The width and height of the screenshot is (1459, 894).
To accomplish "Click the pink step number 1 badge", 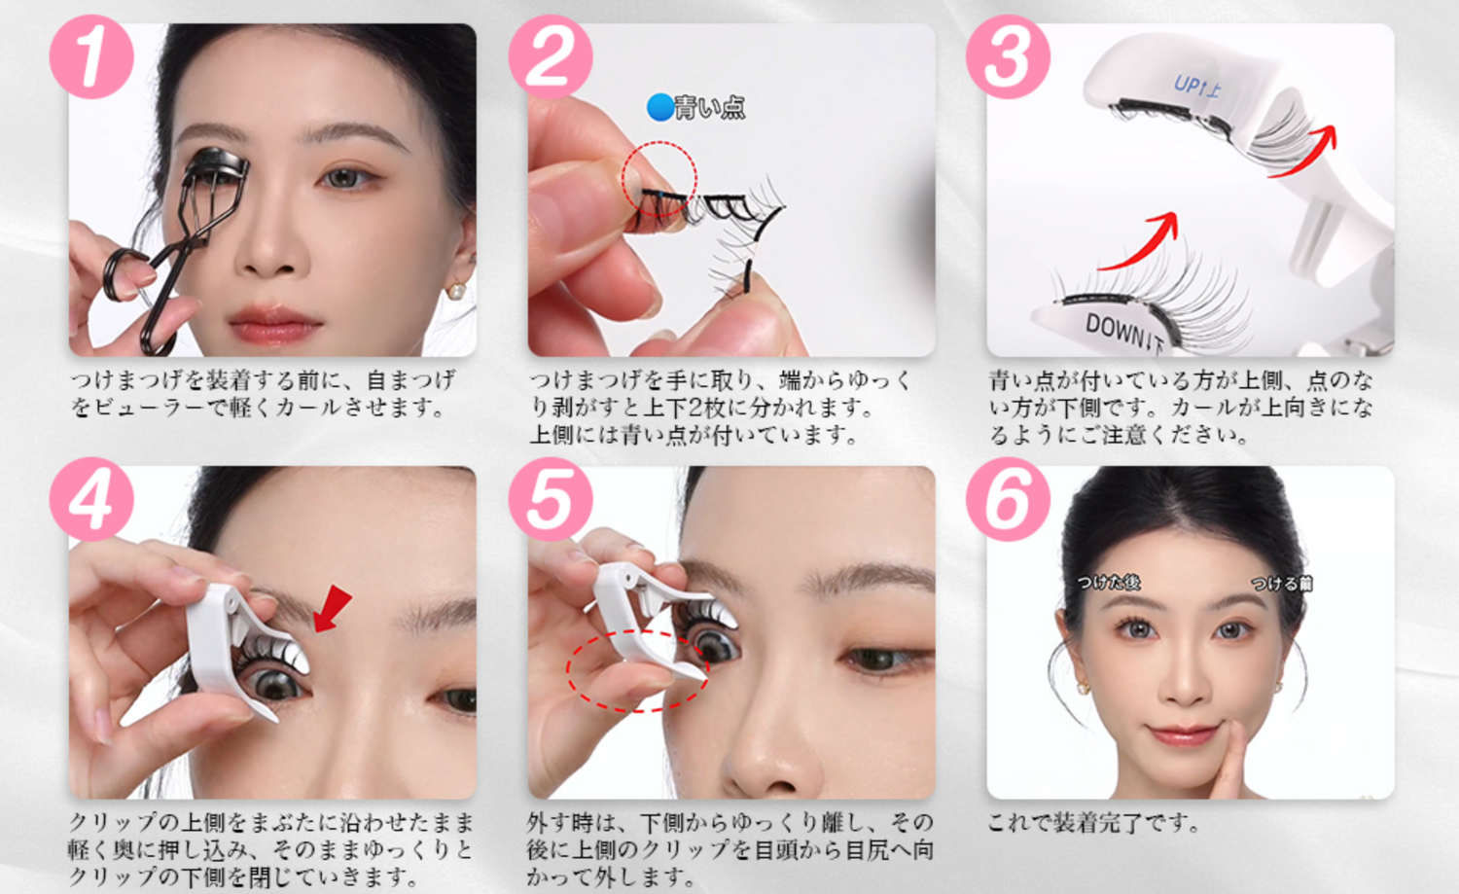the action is click(91, 57).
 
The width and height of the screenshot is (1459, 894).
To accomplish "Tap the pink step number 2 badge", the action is click(551, 57).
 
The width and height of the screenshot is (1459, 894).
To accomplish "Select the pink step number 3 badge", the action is click(1009, 57).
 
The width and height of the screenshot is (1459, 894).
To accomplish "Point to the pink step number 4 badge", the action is click(91, 499).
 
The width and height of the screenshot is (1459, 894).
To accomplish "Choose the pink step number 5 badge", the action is click(551, 499).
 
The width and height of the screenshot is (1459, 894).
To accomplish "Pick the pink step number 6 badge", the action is click(1009, 499).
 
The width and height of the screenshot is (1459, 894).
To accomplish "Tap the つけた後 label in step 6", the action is click(1108, 582).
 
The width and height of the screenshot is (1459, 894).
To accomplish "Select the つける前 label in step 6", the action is click(1282, 583).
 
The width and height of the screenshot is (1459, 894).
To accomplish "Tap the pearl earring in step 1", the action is click(456, 290).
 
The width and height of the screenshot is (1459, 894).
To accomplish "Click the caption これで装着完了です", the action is click(1093, 824).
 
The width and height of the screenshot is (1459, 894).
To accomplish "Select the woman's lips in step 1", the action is click(275, 325).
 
